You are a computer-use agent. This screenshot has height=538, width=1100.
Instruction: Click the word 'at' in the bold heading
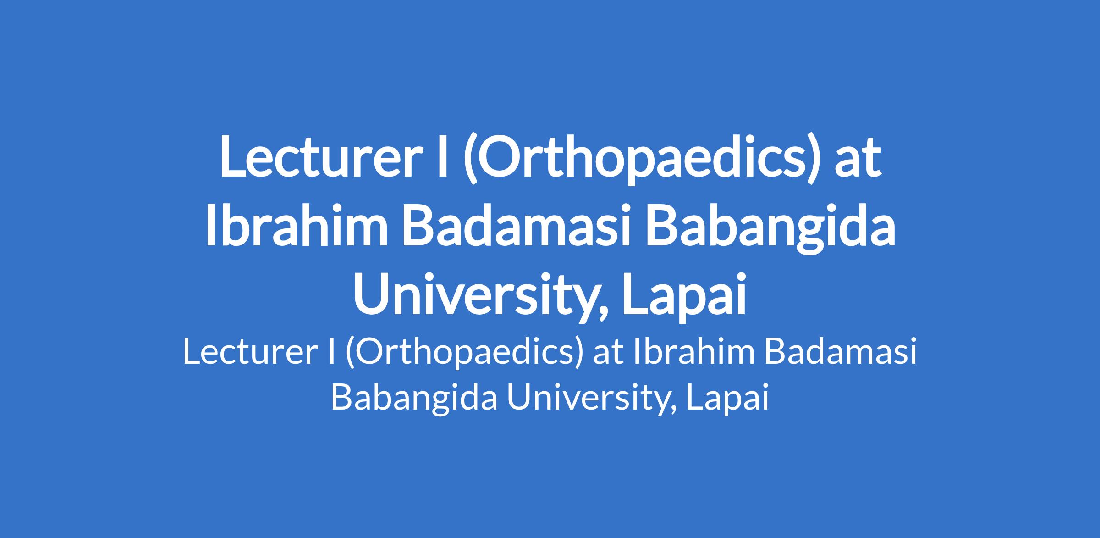[858, 160]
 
